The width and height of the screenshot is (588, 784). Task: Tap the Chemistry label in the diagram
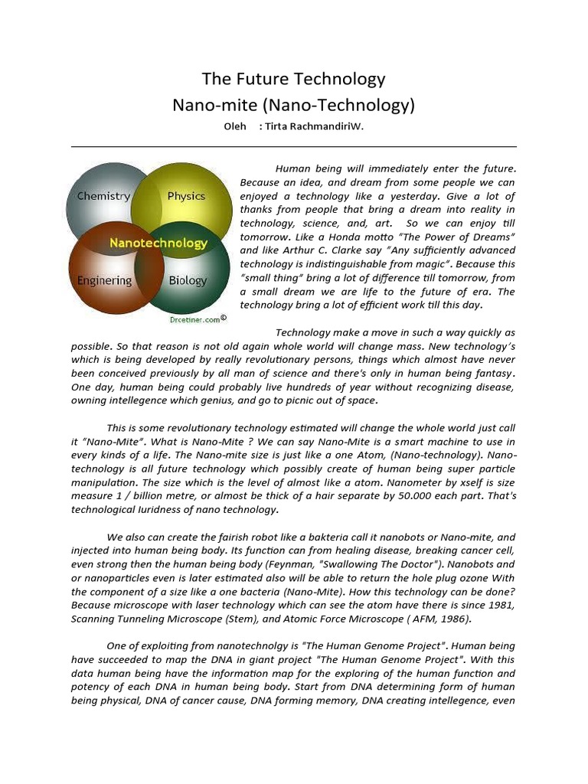[x=103, y=196]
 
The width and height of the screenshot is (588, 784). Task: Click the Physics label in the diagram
[x=186, y=196]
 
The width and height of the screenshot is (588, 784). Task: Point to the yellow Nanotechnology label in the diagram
[x=158, y=243]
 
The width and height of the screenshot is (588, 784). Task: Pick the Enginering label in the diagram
[x=104, y=281]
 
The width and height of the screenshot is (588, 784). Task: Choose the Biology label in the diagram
[x=188, y=281]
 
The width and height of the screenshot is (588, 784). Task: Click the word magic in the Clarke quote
[x=416, y=264]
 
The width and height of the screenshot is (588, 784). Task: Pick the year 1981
[x=501, y=606]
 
